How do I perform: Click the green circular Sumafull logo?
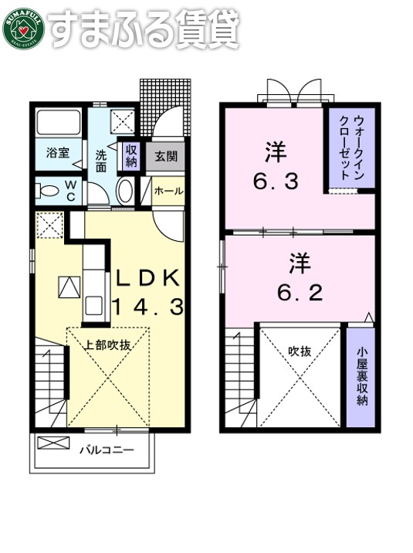click(x=23, y=29)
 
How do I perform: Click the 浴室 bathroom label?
click(x=57, y=153)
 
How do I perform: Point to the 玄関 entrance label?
click(x=165, y=156)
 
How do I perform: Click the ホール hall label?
click(x=168, y=191)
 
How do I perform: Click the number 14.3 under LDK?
click(x=148, y=307)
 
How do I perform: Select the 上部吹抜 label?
click(x=107, y=344)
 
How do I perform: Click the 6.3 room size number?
click(x=276, y=182)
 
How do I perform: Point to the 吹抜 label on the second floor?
click(x=300, y=351)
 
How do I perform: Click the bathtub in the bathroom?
click(x=59, y=124)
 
